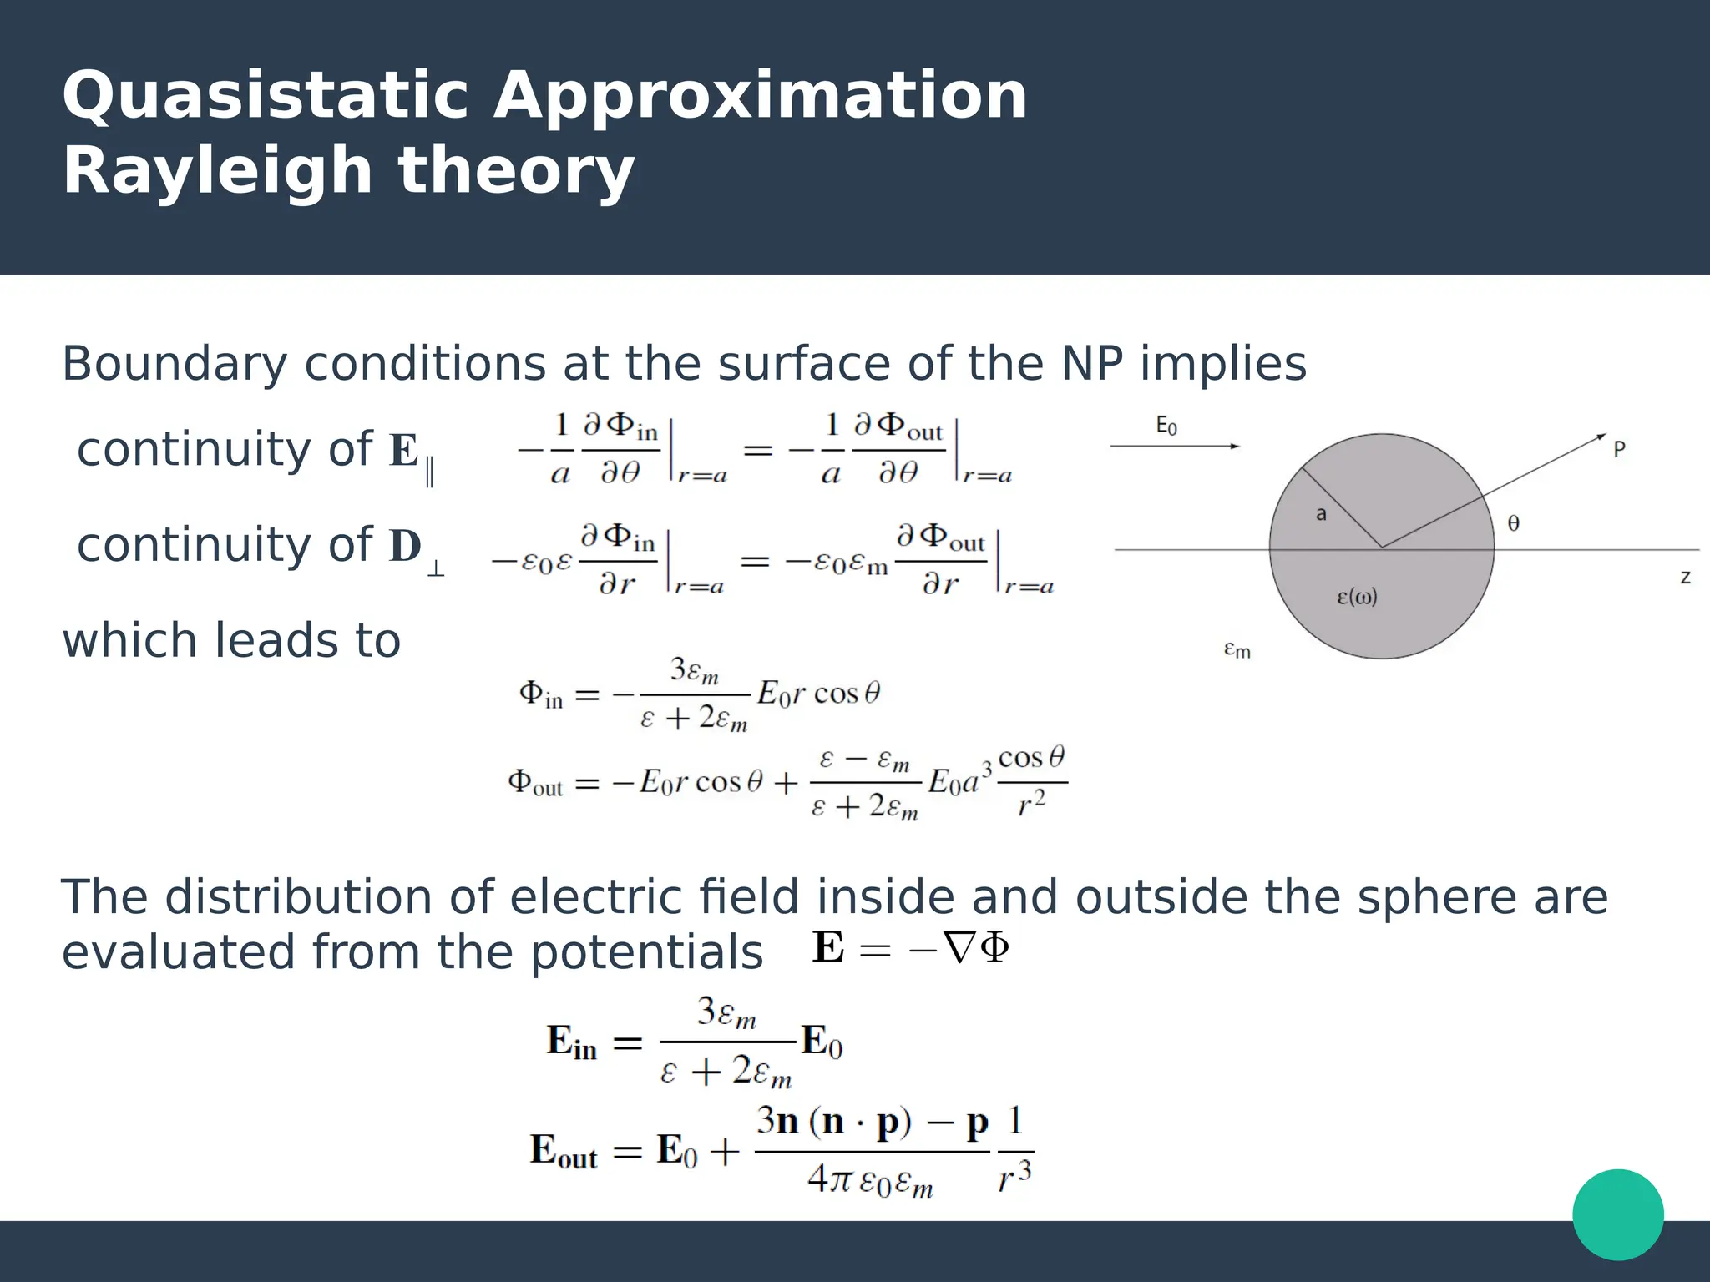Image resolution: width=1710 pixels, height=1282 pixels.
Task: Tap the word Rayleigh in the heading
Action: (217, 171)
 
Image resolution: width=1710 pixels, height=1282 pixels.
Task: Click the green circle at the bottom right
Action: (1617, 1214)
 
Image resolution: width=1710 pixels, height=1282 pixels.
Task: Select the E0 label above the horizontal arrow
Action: (1166, 426)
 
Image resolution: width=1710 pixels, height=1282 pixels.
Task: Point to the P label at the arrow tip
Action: (1619, 449)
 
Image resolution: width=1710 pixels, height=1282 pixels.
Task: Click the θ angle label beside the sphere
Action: (1513, 523)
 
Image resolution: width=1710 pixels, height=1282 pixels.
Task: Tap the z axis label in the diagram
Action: (1685, 577)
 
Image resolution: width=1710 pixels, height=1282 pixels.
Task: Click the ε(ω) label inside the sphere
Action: (1357, 597)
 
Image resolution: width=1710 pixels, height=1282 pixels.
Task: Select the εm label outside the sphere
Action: (1237, 649)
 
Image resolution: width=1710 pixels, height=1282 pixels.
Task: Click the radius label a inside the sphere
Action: (1321, 514)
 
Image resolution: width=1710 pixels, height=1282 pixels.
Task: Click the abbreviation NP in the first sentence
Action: (1092, 365)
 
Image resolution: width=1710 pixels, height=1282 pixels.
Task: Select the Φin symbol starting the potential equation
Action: (541, 694)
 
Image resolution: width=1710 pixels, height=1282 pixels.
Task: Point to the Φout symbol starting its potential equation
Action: (535, 783)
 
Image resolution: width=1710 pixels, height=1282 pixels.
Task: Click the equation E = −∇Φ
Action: (910, 949)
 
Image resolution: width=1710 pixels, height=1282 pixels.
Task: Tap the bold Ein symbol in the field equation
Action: (571, 1042)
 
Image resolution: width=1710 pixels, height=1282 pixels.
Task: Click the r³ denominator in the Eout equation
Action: (1014, 1177)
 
